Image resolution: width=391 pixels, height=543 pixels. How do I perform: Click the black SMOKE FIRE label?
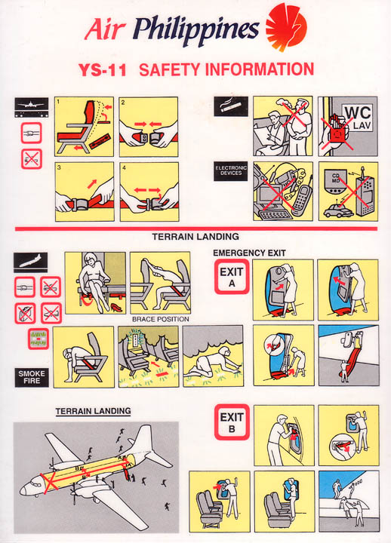[x=31, y=376]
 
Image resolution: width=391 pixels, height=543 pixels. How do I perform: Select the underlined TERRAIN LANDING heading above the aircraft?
[x=93, y=411]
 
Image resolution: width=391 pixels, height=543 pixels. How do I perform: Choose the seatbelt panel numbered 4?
[x=149, y=192]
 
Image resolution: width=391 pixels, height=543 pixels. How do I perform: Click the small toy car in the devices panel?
[x=333, y=211]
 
